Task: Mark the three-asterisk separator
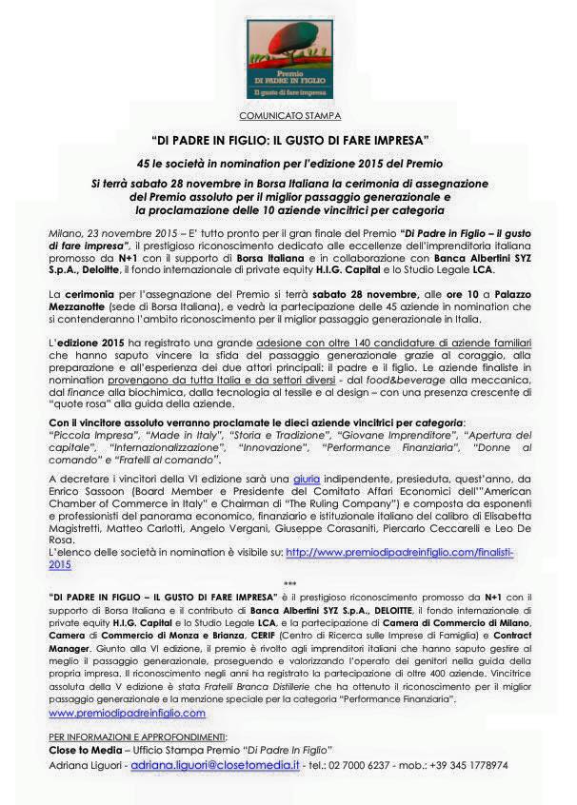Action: point(289,585)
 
